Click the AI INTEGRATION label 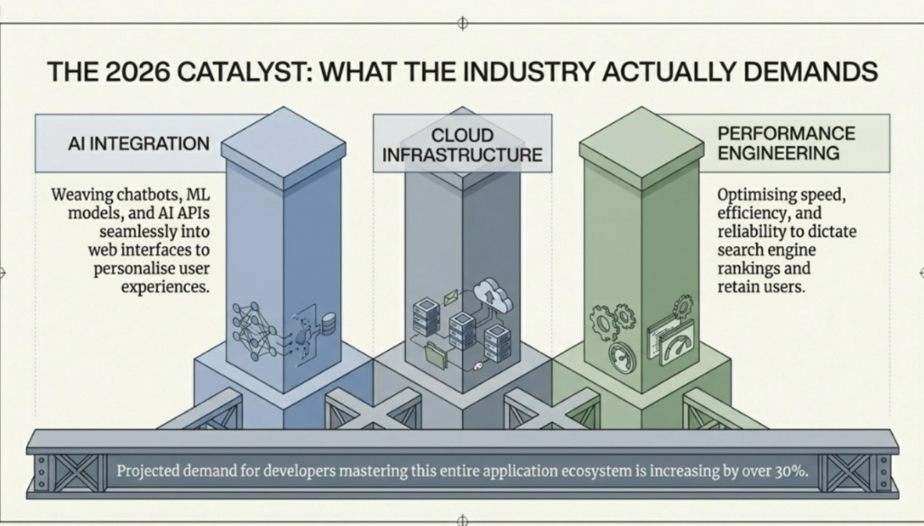pyautogui.click(x=138, y=143)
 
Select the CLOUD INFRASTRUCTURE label pyautogui.click(x=462, y=145)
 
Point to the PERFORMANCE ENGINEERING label pyautogui.click(x=786, y=143)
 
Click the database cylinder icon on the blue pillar pyautogui.click(x=328, y=323)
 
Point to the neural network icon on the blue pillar pyautogui.click(x=254, y=331)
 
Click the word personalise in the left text pyautogui.click(x=134, y=269)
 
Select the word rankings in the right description pyautogui.click(x=744, y=268)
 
